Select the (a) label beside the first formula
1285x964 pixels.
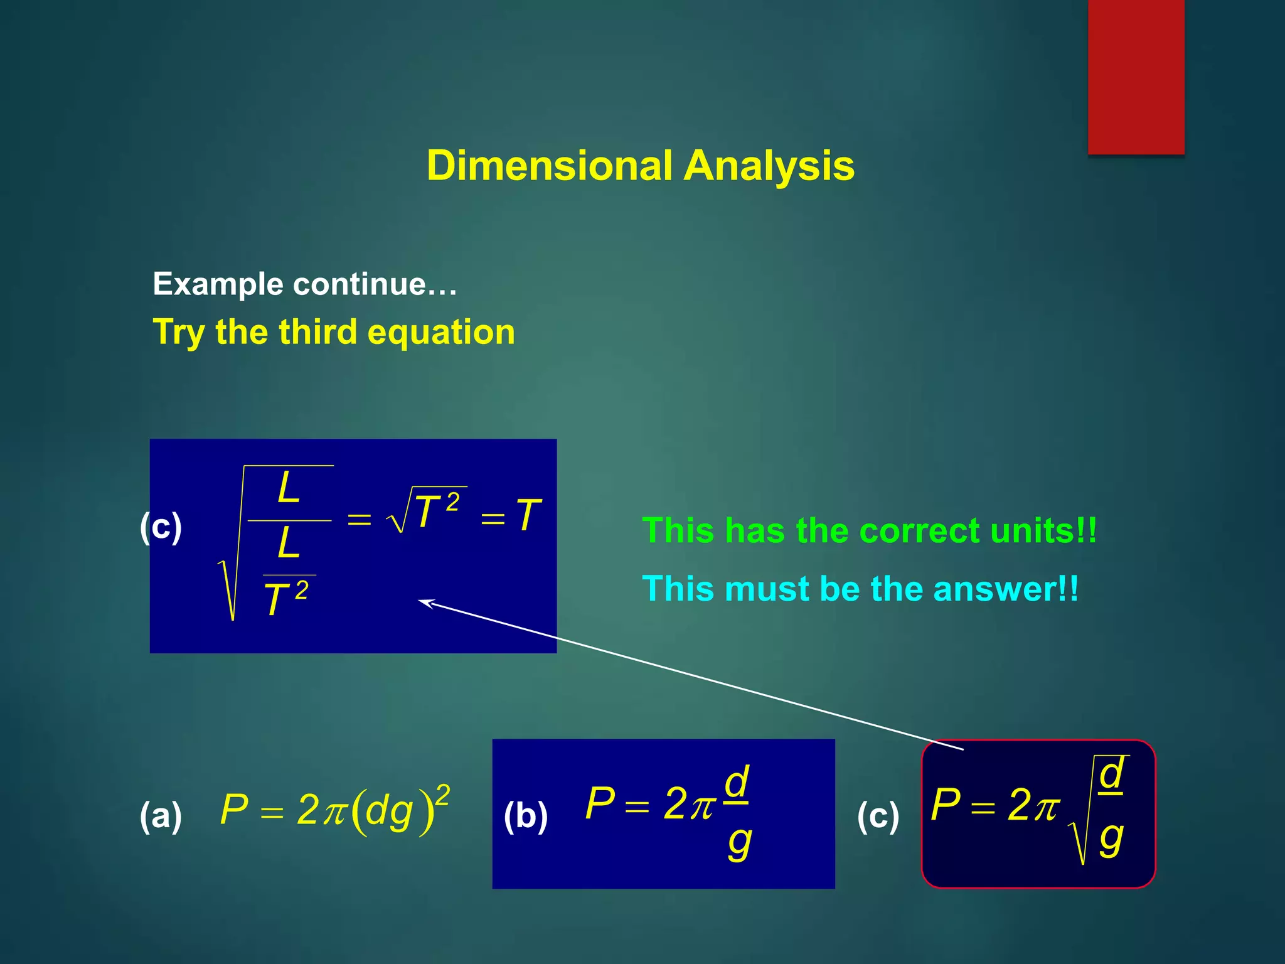(161, 815)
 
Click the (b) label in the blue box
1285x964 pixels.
(526, 816)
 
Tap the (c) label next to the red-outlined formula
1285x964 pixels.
(878, 816)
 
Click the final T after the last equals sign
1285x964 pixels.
(528, 515)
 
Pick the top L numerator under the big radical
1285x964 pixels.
(289, 488)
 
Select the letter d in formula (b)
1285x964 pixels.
(736, 782)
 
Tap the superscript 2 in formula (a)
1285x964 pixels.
(442, 796)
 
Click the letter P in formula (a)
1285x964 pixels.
(234, 809)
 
